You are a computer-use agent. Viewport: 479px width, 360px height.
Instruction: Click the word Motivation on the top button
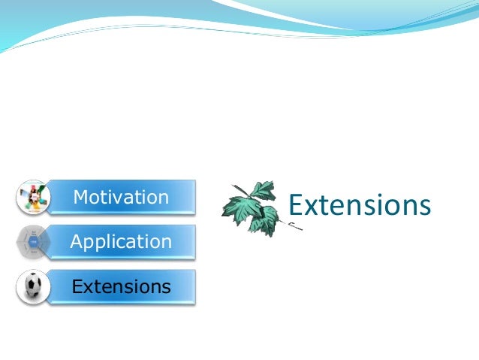[121, 198]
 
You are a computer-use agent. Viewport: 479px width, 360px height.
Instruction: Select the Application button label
[121, 242]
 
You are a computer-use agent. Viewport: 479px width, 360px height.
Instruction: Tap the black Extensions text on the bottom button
[121, 287]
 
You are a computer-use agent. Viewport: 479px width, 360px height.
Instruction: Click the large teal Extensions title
[360, 205]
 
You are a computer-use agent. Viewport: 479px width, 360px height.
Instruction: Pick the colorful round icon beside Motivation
[33, 198]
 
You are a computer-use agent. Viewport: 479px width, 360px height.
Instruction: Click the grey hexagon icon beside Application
[33, 242]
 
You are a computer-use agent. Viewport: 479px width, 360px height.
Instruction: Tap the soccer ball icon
[33, 287]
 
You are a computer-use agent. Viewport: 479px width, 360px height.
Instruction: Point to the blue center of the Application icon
[33, 242]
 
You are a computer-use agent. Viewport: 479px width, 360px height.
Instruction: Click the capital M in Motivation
[80, 198]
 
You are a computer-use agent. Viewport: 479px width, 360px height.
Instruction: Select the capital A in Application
[76, 242]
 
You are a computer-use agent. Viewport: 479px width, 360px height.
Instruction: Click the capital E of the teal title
[296, 205]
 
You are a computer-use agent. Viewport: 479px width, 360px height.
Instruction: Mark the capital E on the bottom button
[76, 287]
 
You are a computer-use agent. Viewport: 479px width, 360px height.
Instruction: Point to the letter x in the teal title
[312, 207]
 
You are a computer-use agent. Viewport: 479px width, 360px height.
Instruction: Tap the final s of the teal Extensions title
[424, 207]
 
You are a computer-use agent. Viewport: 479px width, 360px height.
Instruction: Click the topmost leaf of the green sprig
[264, 190]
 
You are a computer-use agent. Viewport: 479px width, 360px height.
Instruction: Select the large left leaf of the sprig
[238, 207]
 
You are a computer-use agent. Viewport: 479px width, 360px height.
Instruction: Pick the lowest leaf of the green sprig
[264, 223]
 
